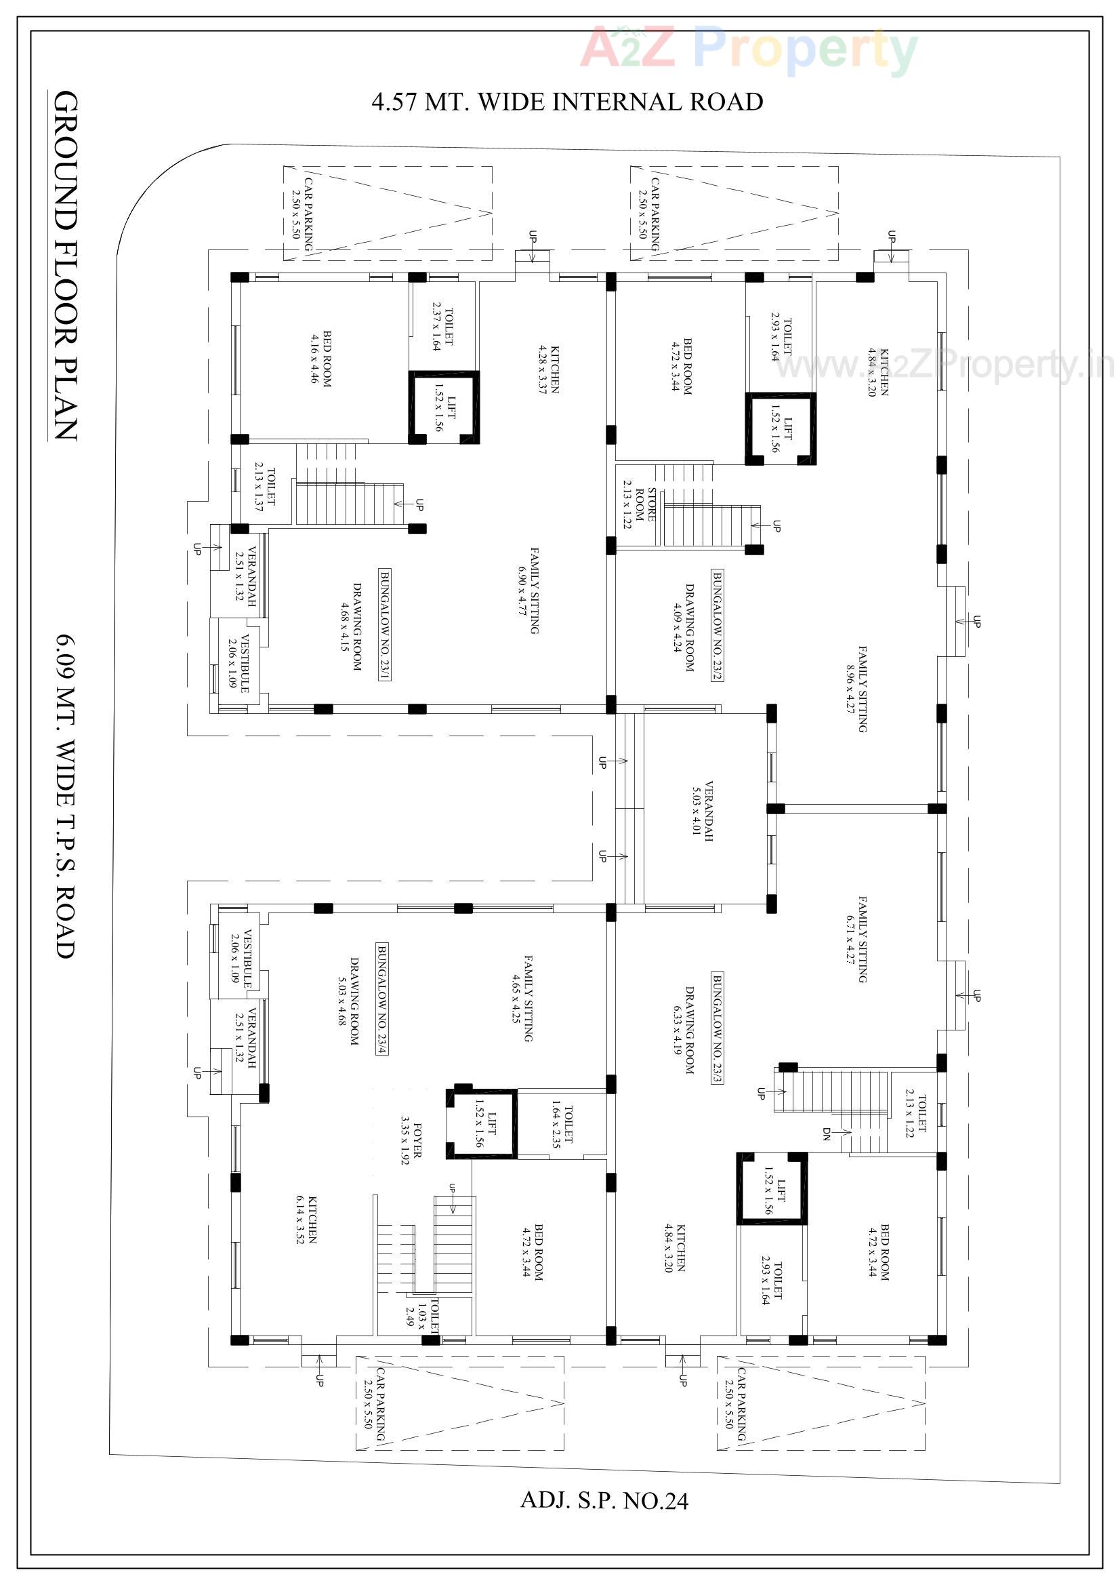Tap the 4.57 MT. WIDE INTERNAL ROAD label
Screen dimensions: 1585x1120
coord(567,102)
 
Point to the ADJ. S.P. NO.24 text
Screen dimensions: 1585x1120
coord(604,1500)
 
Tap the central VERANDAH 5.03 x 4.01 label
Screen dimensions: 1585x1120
coord(703,810)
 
